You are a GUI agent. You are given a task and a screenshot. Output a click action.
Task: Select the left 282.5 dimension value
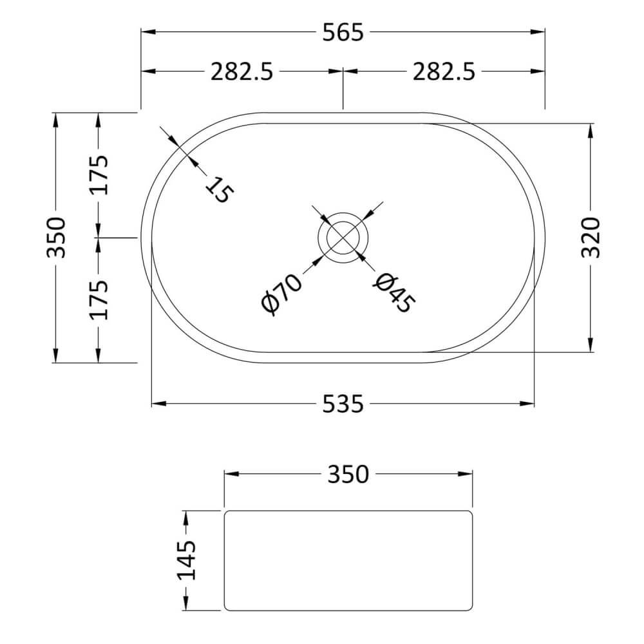(242, 72)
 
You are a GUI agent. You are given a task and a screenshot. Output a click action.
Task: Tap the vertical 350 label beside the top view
(57, 237)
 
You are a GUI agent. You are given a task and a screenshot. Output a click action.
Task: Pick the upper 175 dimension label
(98, 176)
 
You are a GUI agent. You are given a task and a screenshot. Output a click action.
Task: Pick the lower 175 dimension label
(98, 299)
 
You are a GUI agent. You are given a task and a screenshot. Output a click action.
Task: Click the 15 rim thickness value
(217, 190)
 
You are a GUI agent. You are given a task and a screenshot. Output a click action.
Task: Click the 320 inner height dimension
(591, 238)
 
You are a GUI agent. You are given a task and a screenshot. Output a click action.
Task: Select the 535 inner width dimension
(343, 404)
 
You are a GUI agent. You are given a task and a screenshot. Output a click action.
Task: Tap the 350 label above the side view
(348, 475)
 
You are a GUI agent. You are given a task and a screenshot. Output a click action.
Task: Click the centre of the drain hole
(343, 237)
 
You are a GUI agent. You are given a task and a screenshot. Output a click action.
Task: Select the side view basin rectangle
(348, 560)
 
